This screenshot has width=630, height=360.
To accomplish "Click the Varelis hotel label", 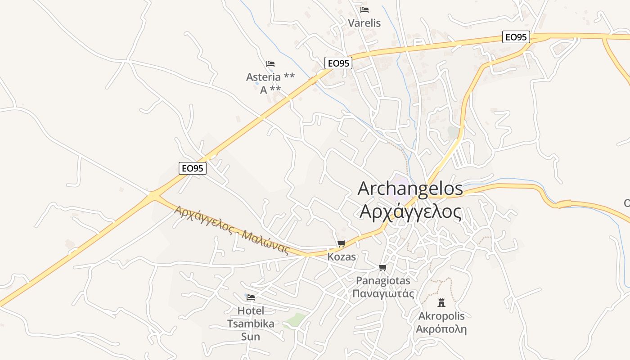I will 364,23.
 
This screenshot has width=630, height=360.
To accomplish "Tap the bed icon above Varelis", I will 364,9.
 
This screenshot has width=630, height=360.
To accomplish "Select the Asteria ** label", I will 270,77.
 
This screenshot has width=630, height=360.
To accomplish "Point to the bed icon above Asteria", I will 270,63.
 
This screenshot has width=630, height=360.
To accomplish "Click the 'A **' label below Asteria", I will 270,90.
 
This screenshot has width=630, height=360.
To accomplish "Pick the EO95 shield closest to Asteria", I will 338,63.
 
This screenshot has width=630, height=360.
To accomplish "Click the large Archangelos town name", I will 410,189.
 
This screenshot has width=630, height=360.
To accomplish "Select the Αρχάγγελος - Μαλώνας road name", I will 232,230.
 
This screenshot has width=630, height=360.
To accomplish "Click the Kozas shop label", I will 342,257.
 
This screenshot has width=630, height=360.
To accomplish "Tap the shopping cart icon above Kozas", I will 341,244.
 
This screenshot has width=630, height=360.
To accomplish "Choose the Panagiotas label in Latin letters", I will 383,281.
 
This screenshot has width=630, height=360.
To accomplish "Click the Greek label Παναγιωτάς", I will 383,294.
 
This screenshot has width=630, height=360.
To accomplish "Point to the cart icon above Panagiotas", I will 382,268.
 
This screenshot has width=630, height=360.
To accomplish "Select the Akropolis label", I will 441,316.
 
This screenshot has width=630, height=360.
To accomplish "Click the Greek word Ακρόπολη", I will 441,329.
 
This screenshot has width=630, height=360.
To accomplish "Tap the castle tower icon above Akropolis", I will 441,302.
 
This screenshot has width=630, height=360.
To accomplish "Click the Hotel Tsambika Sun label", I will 251,323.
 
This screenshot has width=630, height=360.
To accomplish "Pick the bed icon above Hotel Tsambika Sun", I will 251,297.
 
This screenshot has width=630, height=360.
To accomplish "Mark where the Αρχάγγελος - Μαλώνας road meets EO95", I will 153,195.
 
